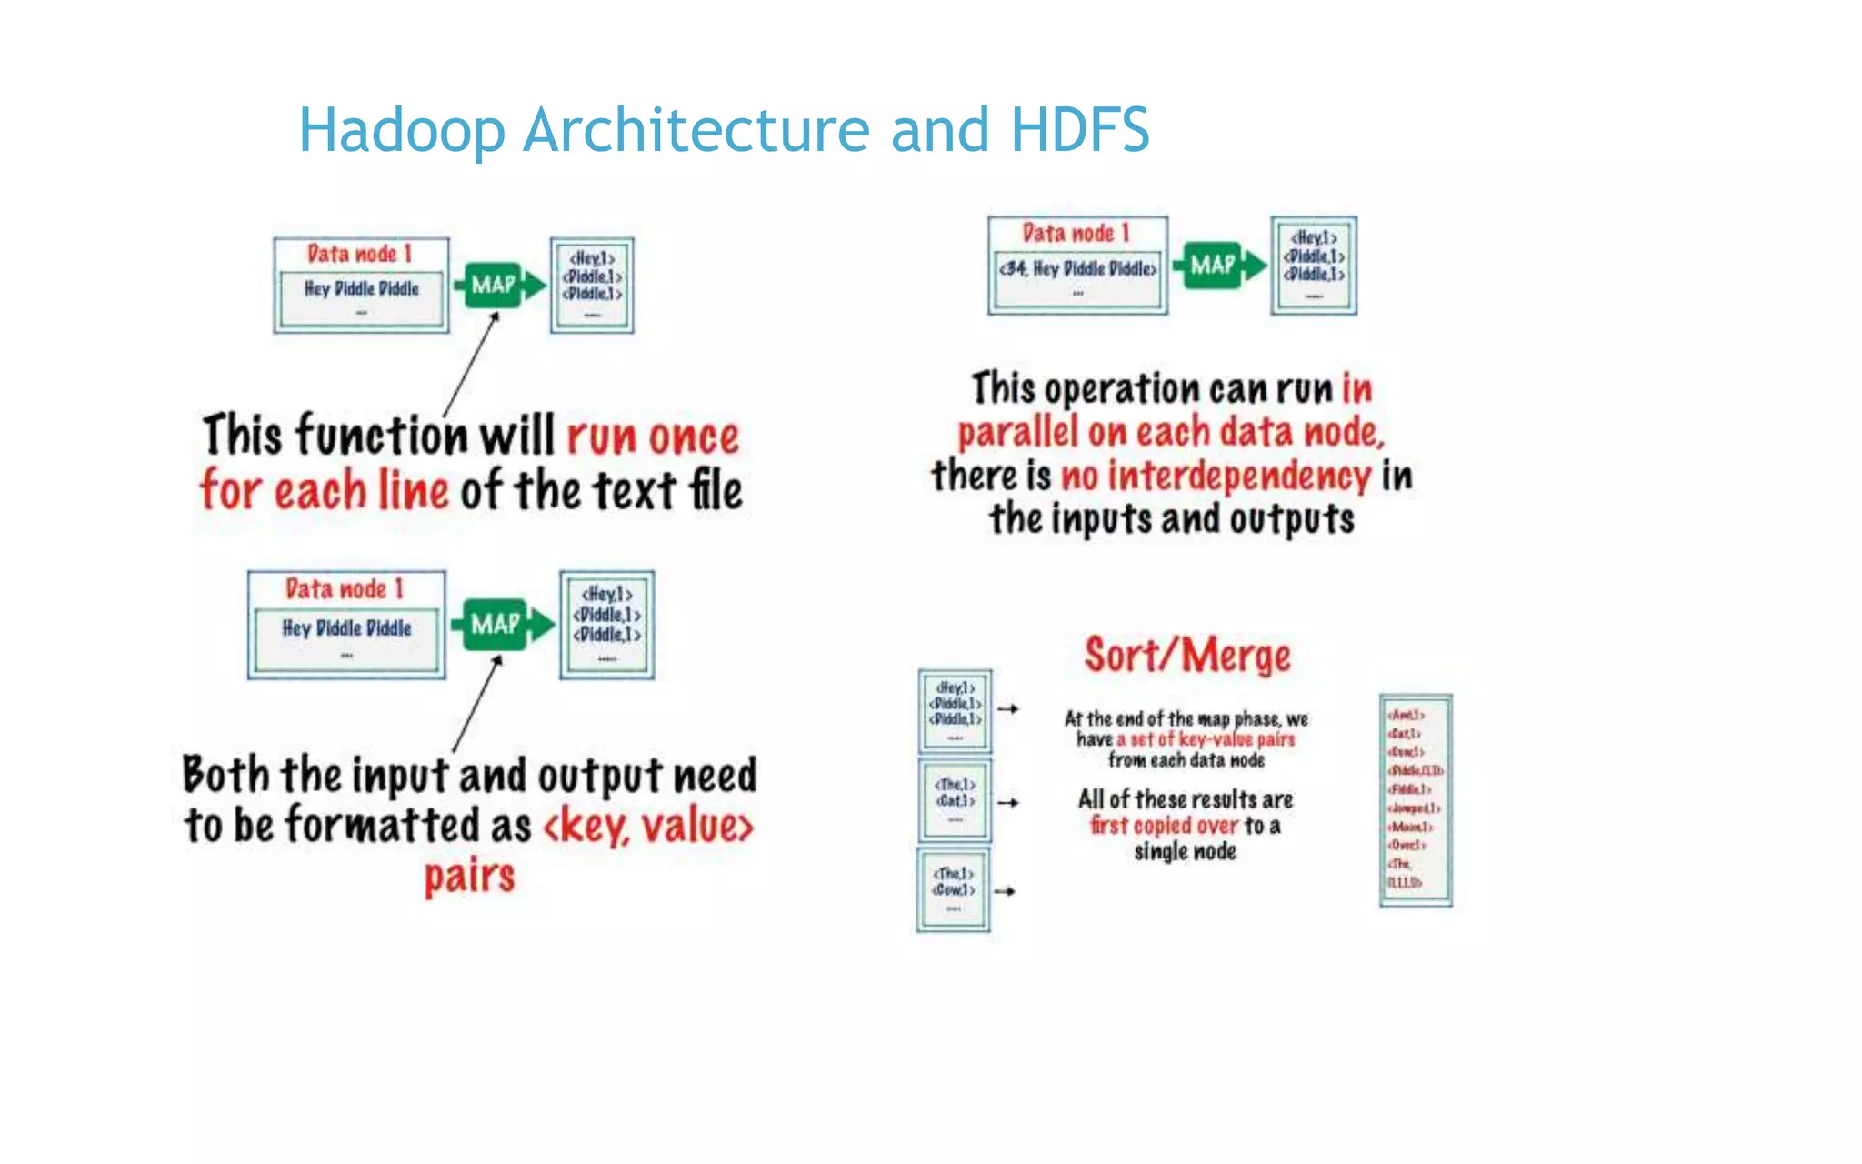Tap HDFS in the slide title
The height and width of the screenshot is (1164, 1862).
point(1079,130)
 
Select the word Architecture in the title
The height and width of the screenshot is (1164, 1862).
point(696,130)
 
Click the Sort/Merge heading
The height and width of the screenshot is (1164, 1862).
point(1186,656)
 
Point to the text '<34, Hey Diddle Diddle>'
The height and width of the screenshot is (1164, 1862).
point(1077,269)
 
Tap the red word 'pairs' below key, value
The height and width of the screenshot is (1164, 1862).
point(469,877)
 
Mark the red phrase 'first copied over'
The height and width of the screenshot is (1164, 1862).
point(1164,826)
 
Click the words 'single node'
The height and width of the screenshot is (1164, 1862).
point(1185,852)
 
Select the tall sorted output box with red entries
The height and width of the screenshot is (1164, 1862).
point(1415,800)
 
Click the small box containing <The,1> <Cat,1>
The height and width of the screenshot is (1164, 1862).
point(955,800)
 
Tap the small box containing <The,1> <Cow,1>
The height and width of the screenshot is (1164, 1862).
point(953,889)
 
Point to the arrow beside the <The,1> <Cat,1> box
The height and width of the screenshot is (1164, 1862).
point(1008,803)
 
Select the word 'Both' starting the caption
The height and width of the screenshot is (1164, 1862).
point(226,776)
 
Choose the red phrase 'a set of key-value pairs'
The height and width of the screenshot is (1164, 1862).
point(1206,739)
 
